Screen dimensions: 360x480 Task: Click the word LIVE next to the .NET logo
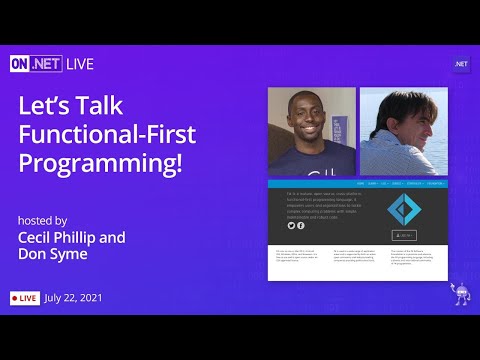(79, 64)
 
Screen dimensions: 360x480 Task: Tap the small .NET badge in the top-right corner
(461, 64)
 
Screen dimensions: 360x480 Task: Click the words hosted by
(42, 220)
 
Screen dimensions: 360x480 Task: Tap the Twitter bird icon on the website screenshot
(292, 226)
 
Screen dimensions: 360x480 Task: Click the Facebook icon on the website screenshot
(301, 226)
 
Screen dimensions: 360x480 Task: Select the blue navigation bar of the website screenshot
(357, 184)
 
